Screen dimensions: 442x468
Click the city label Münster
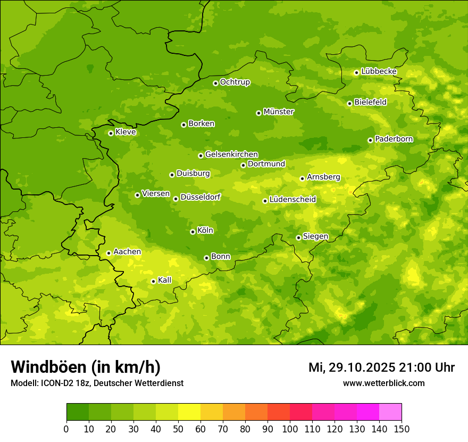[x=279, y=112]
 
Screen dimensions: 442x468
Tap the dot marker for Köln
[x=193, y=232]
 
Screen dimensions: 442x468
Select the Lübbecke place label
[x=379, y=71]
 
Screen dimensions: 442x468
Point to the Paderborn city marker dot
[x=370, y=140]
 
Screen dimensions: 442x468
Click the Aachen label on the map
[x=127, y=252]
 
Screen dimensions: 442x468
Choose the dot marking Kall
[x=153, y=281]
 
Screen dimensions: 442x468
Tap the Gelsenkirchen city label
[x=231, y=154]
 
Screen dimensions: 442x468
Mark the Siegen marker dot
[x=298, y=238]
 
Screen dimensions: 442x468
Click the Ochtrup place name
[x=235, y=82]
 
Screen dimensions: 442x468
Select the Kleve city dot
[x=111, y=133]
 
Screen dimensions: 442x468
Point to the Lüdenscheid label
[x=292, y=200]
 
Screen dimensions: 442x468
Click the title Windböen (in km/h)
[x=86, y=367]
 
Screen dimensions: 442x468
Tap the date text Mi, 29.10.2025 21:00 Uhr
[x=381, y=367]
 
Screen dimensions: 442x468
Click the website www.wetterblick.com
[x=383, y=383]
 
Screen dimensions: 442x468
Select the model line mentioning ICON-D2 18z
[x=97, y=383]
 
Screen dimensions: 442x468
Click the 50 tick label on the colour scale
[x=178, y=429]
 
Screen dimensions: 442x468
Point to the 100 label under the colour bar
[x=290, y=429]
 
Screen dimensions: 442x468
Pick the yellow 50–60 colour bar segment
[x=189, y=412]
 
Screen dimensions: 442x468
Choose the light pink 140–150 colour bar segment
[x=390, y=412]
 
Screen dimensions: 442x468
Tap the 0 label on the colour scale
[x=66, y=429]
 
